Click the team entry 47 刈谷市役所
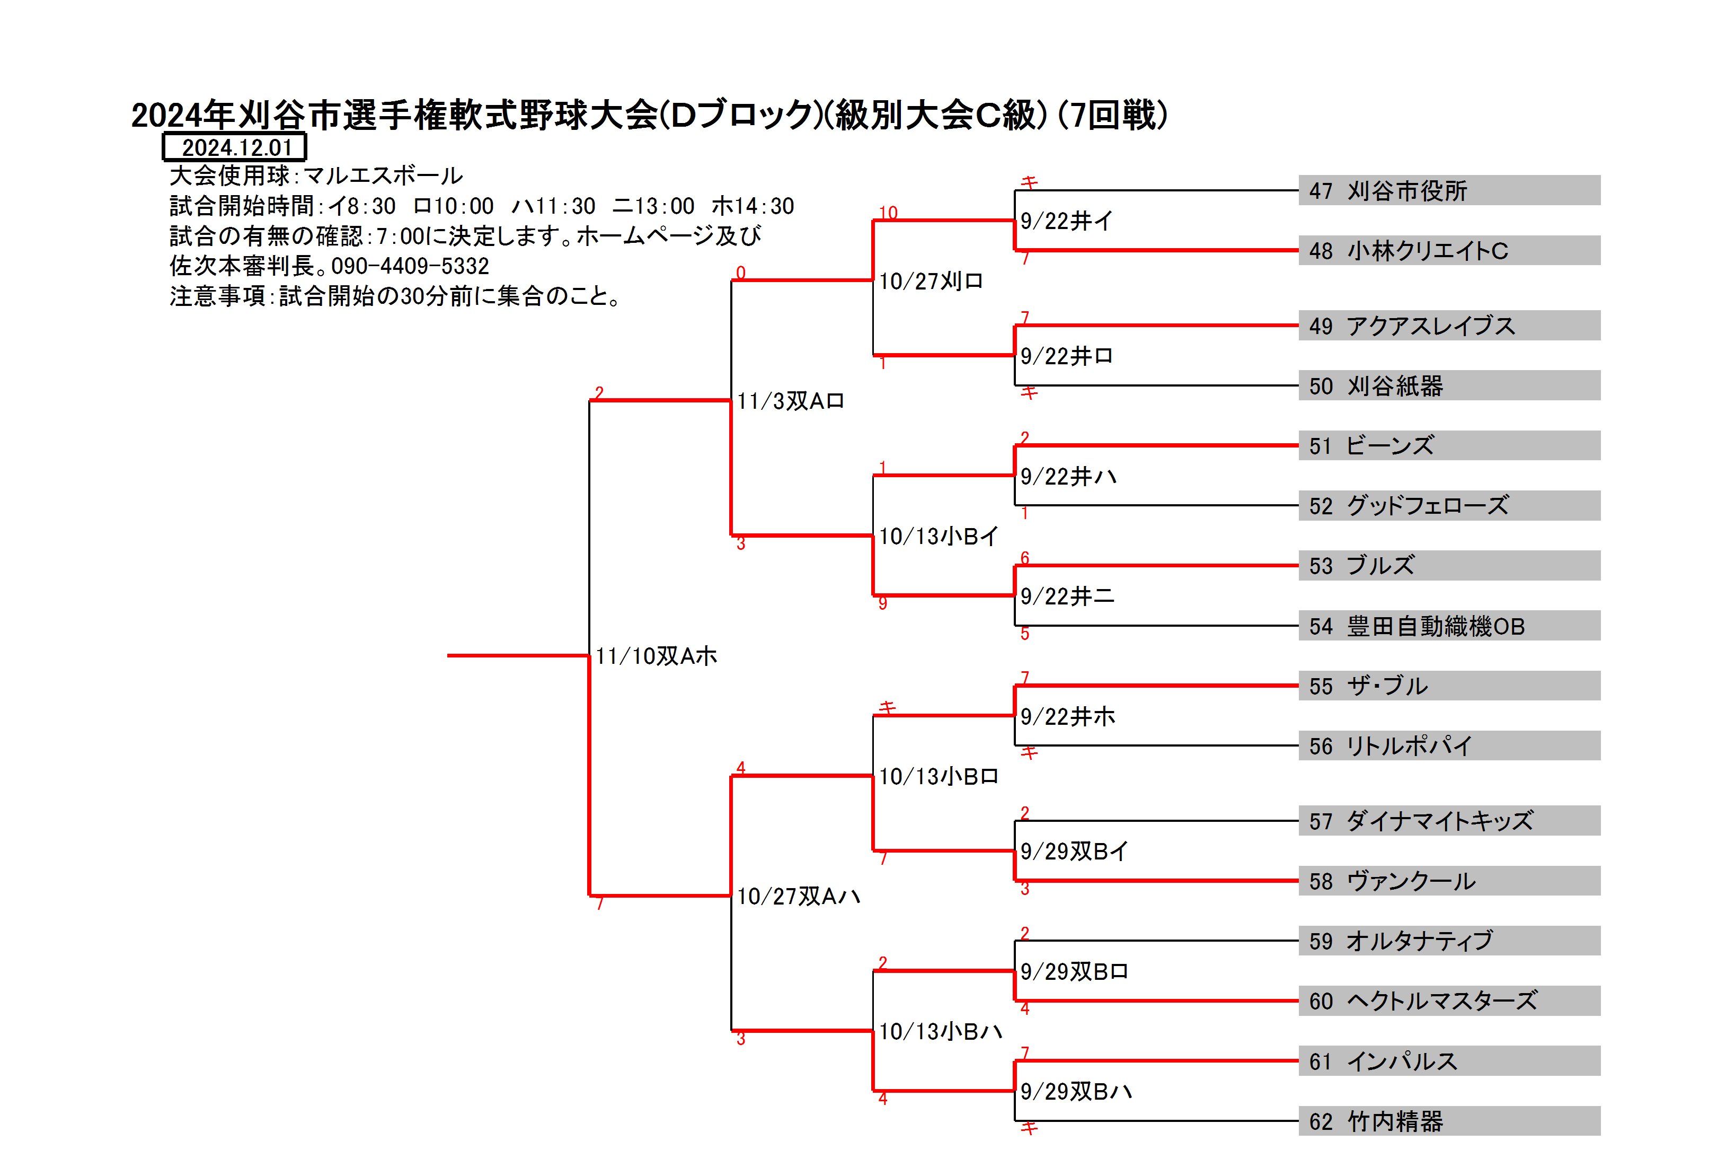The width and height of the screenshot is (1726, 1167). pos(1448,191)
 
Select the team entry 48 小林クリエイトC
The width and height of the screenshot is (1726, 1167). pos(1448,250)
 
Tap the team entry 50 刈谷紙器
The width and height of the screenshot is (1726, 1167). pos(1448,385)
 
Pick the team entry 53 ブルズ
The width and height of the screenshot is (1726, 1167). pos(1448,565)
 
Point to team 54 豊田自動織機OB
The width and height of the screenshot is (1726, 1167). pos(1448,626)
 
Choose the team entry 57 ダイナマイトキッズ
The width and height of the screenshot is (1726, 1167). pos(1448,821)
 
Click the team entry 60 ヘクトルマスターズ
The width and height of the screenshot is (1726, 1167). pos(1448,1001)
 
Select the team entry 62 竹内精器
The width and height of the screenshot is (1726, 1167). pos(1448,1121)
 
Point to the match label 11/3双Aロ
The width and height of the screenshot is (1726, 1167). pos(790,401)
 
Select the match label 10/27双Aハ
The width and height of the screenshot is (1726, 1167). pos(799,897)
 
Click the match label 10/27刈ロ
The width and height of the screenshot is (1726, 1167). pos(931,281)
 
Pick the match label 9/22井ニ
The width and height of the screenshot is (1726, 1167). pos(1067,596)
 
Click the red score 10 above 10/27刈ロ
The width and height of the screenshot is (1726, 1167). pos(888,213)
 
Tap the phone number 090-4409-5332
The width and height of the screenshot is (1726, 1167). pos(410,266)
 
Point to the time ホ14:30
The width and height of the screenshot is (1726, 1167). pos(753,206)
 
